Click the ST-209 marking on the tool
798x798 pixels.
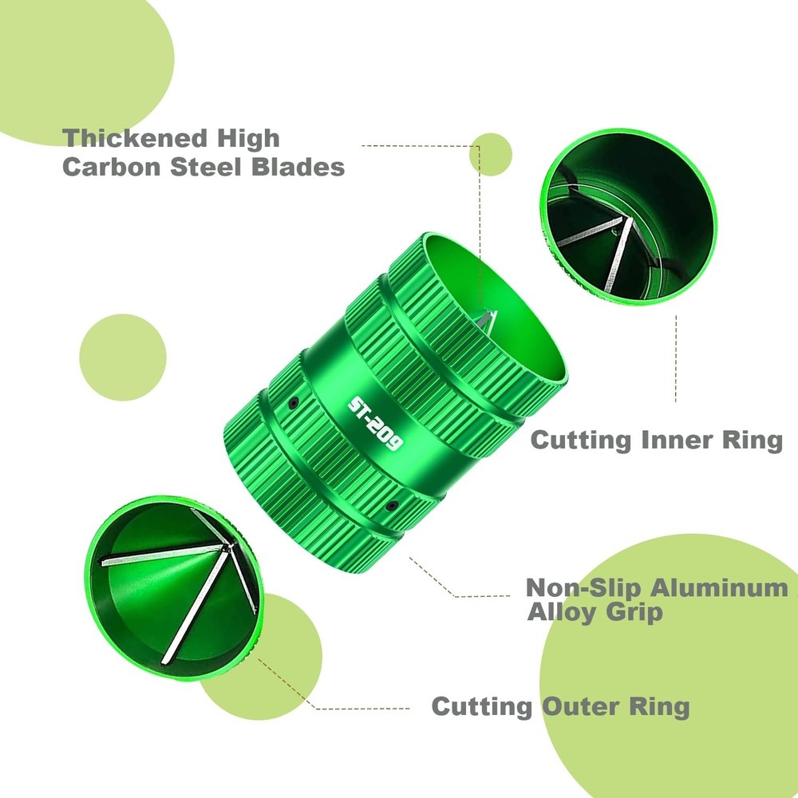(x=376, y=424)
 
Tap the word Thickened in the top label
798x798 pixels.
(x=135, y=138)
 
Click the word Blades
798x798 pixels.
(x=298, y=167)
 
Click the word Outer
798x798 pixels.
(x=580, y=706)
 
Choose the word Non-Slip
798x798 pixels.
(x=583, y=588)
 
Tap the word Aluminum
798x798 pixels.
(x=719, y=588)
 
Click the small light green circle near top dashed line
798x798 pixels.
(x=491, y=155)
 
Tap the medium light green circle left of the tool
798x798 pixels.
(x=123, y=358)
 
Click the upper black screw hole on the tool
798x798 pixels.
(x=293, y=403)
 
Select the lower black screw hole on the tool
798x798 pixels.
(x=392, y=505)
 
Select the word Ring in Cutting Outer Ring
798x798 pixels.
(x=660, y=707)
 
